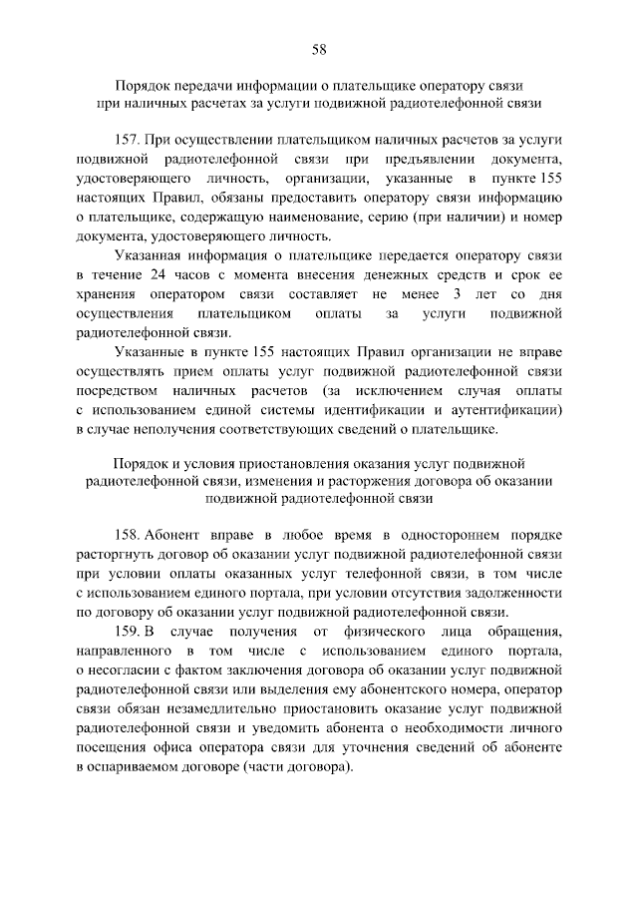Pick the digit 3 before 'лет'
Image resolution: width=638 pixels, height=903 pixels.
pos(456,293)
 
